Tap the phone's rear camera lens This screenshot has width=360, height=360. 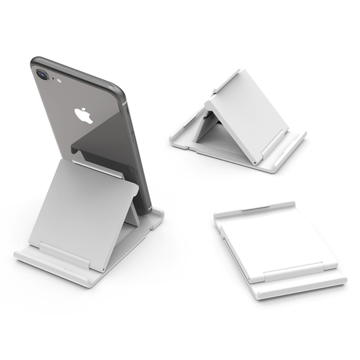(x=41, y=76)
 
